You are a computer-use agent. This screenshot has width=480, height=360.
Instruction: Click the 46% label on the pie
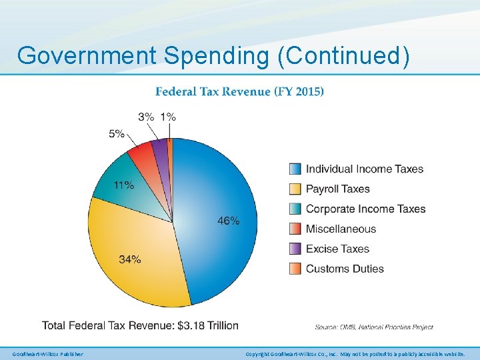(228, 221)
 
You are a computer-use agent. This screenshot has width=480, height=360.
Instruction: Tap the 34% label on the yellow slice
(130, 259)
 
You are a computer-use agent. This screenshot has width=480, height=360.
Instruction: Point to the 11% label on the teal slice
(123, 185)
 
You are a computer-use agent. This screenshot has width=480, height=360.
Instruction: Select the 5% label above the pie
(117, 133)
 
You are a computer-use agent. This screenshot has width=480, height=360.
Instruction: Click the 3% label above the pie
(146, 117)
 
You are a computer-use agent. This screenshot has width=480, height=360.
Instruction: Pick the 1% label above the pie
(168, 117)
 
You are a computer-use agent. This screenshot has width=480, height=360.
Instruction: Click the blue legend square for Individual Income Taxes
(295, 169)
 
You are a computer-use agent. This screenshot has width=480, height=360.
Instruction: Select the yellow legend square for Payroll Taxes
(295, 189)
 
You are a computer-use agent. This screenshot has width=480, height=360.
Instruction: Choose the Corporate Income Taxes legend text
(365, 209)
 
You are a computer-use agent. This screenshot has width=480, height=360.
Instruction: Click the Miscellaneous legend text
(341, 229)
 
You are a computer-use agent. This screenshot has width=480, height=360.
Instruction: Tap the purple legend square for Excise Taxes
(295, 249)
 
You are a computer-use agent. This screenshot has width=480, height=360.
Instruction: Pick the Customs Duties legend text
(345, 269)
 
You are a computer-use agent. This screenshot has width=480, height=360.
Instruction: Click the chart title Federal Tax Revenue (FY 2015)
(239, 91)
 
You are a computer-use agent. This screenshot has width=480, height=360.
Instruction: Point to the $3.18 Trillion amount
(206, 325)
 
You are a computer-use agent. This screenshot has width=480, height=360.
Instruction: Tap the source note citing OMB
(374, 327)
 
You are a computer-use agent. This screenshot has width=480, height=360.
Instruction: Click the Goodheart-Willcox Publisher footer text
(48, 354)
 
